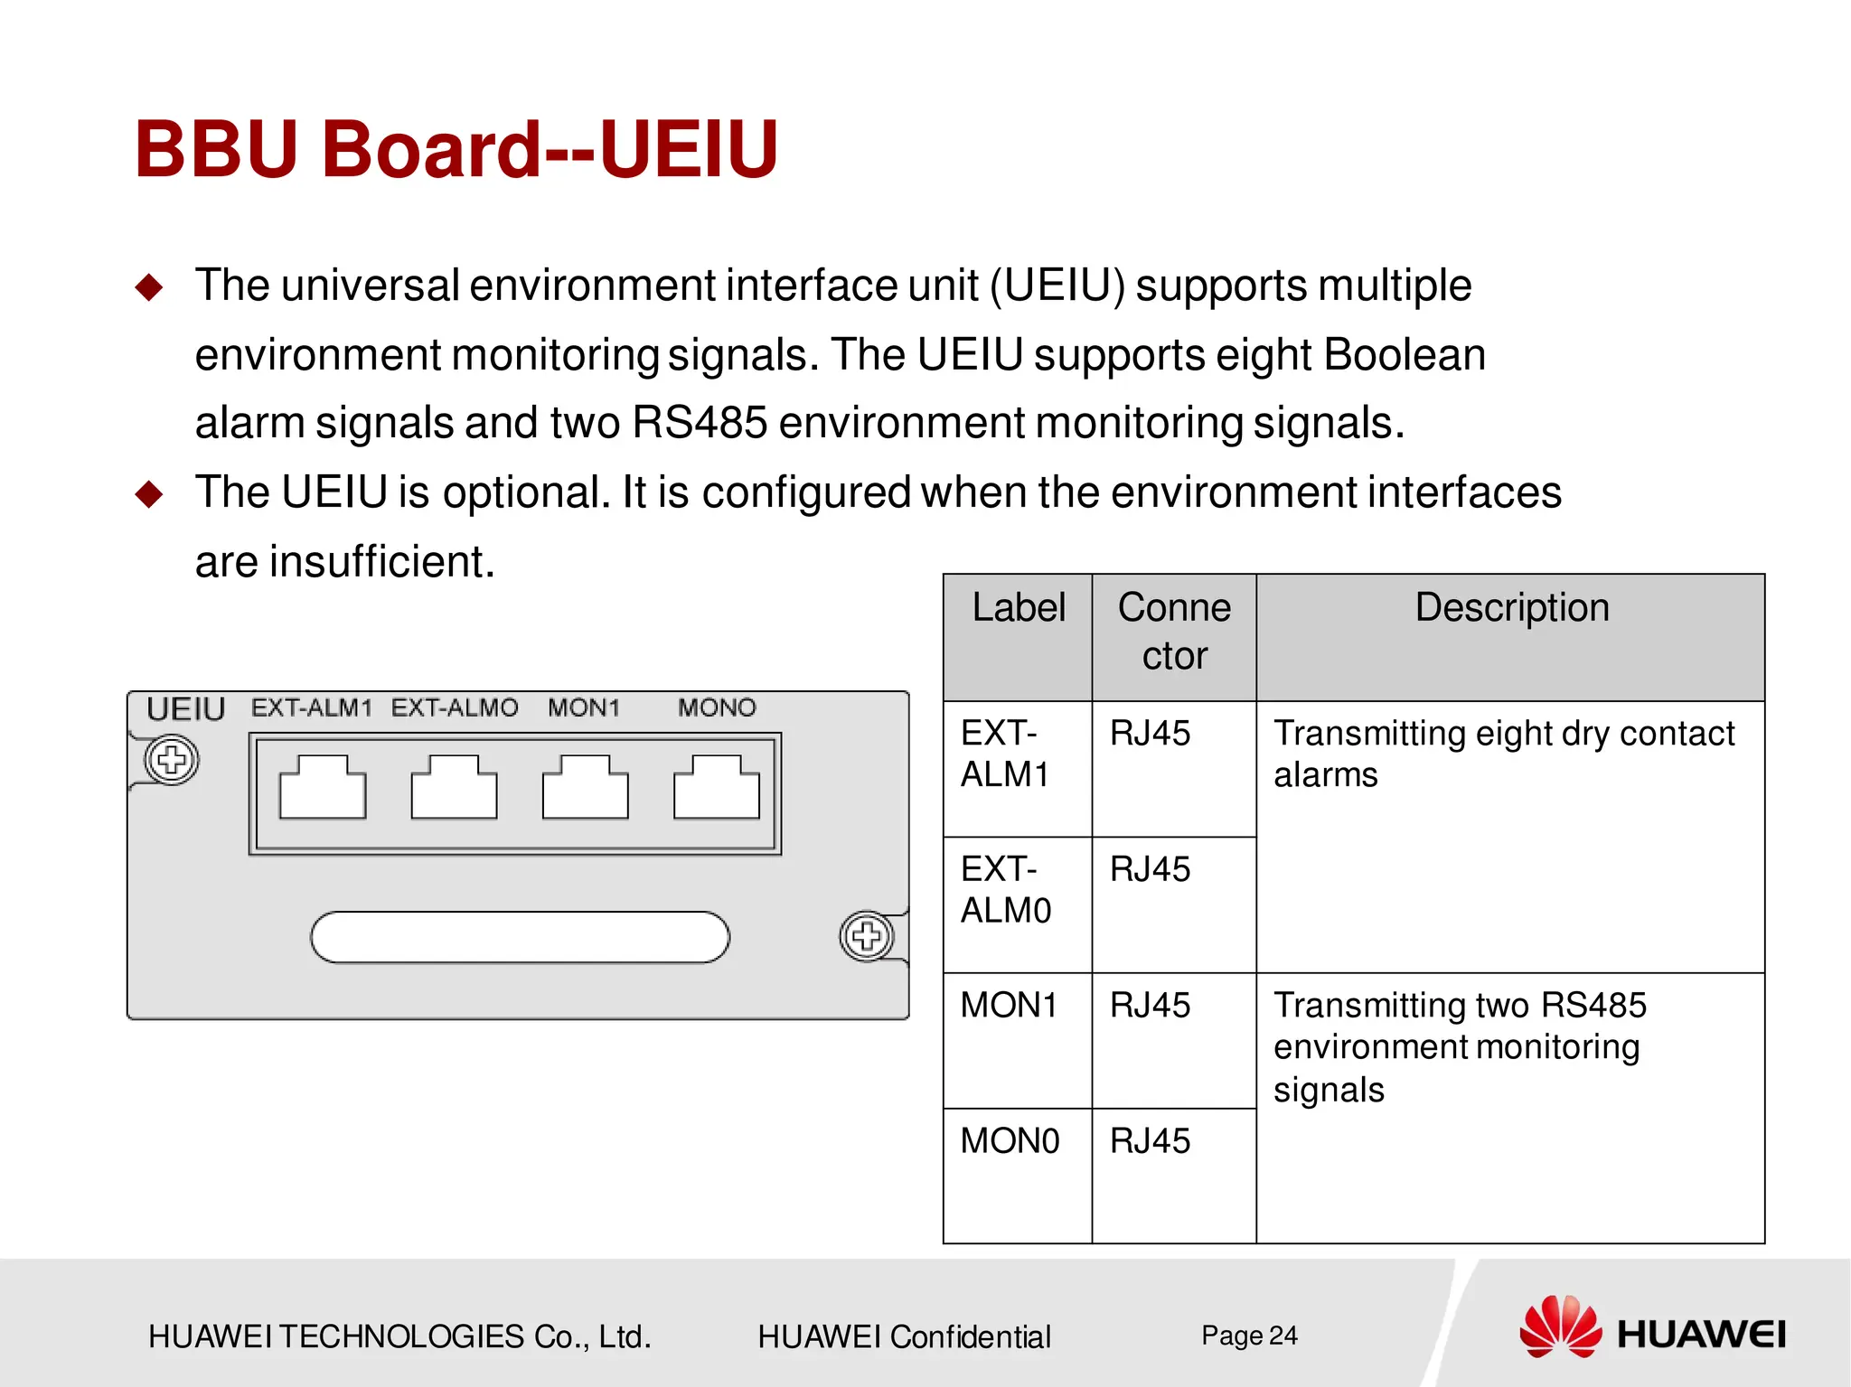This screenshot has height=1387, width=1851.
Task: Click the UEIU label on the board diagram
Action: point(185,709)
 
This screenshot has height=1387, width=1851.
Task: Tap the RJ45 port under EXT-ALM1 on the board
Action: point(323,788)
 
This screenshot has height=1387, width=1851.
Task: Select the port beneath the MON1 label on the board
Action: point(585,788)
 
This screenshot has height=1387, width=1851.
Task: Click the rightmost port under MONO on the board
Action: point(717,788)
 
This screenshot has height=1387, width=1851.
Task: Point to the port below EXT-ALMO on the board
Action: point(454,788)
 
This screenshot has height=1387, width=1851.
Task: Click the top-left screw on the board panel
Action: point(172,760)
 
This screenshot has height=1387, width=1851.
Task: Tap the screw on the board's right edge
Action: point(866,936)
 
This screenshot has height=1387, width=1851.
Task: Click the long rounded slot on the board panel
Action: point(520,937)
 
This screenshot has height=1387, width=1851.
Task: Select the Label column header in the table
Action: point(1019,608)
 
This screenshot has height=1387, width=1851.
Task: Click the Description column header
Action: point(1511,608)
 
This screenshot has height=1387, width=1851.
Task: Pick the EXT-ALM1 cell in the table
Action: point(1005,754)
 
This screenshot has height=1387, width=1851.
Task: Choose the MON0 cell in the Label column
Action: point(1010,1141)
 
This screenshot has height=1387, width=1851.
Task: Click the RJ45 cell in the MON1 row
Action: point(1150,1006)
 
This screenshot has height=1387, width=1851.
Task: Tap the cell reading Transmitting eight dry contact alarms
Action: point(1504,754)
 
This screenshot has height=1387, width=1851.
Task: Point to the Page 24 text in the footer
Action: point(1249,1335)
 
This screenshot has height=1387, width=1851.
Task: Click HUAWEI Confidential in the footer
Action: point(904,1336)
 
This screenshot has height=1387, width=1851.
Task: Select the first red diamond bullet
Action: point(149,288)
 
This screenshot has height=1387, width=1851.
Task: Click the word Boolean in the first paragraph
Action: point(1405,354)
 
